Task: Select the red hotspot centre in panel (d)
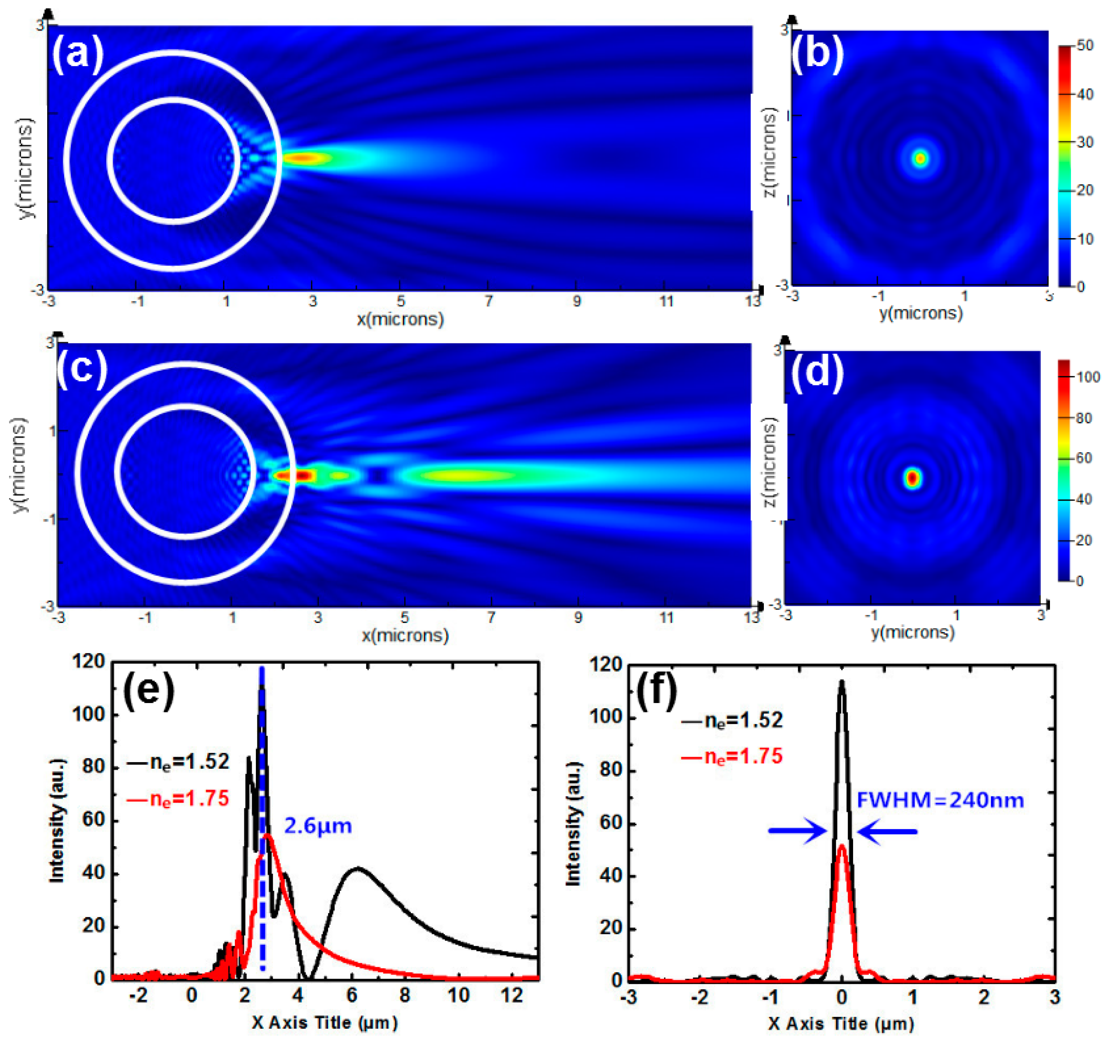coord(912,478)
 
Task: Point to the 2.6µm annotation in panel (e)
coord(318,826)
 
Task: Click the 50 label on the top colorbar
coord(1085,46)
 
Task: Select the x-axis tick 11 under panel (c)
coord(666,617)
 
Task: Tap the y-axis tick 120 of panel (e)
coord(88,662)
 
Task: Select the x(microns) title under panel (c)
coord(405,636)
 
